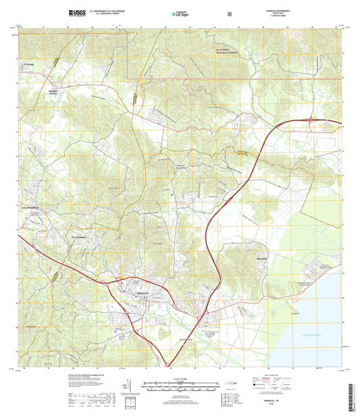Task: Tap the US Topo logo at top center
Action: (x=180, y=13)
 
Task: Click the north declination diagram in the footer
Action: (x=126, y=388)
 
